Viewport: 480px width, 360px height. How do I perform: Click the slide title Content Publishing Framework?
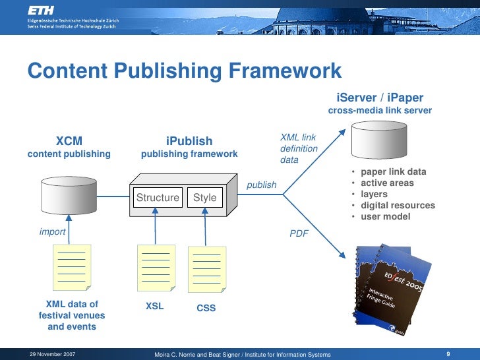[x=185, y=71]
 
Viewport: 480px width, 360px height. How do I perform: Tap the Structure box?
[x=158, y=197]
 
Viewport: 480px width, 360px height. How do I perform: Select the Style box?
[x=204, y=197]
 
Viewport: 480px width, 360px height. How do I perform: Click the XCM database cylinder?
[x=69, y=191]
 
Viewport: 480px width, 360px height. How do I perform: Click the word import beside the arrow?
[x=52, y=231]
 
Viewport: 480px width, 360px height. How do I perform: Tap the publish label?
[x=262, y=185]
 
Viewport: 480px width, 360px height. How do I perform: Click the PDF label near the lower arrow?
[x=299, y=233]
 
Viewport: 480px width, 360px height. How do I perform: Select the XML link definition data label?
[x=299, y=148]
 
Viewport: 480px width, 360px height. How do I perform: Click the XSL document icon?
[x=156, y=267]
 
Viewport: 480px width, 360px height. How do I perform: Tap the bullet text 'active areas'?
[x=387, y=183]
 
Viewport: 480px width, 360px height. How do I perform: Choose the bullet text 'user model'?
[x=385, y=217]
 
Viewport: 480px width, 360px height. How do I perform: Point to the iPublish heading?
[x=189, y=141]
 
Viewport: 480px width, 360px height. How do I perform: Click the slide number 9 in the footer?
[x=448, y=354]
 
